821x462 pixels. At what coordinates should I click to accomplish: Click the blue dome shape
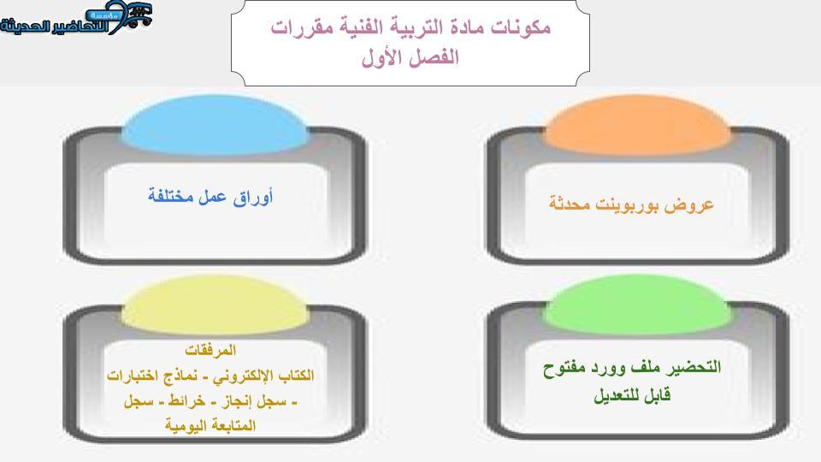pyautogui.click(x=215, y=125)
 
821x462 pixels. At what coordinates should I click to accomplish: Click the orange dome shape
pyautogui.click(x=637, y=126)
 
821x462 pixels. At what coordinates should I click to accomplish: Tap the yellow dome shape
pyautogui.click(x=215, y=305)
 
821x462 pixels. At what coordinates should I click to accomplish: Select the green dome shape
pyautogui.click(x=637, y=305)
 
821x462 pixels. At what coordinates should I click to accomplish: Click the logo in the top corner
pyautogui.click(x=76, y=18)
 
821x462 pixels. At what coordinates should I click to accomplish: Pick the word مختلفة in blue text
pyautogui.click(x=170, y=197)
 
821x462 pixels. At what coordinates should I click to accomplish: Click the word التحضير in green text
pyautogui.click(x=694, y=367)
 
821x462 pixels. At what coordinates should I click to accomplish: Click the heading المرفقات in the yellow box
pyautogui.click(x=210, y=350)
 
